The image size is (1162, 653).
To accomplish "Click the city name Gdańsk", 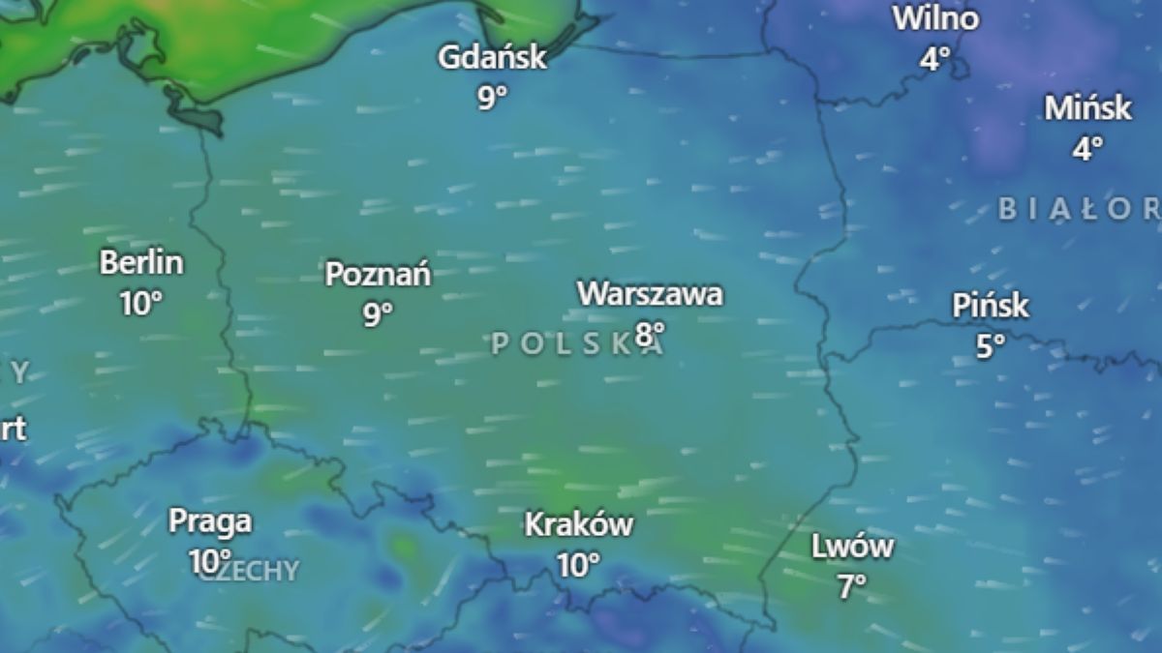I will [492, 57].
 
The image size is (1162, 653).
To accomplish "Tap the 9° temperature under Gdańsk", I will [492, 97].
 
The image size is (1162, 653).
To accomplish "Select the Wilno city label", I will [935, 18].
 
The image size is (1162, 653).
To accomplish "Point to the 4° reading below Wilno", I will [934, 59].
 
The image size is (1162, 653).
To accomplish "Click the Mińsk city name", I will [1087, 107].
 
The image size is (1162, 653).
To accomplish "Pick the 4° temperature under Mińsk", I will [1087, 148].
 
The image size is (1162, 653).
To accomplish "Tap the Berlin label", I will [141, 262].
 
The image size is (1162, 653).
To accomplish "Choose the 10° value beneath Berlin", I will [141, 303].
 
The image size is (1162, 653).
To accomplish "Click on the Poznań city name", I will [378, 274].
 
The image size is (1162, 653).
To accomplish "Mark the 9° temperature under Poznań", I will [378, 313].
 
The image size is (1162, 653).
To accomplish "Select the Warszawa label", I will [650, 293].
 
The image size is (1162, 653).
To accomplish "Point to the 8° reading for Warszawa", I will [650, 334].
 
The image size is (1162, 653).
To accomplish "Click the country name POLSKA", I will [577, 343].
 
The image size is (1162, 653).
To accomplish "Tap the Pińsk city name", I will [990, 307].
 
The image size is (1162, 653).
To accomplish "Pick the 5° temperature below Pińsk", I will [990, 346].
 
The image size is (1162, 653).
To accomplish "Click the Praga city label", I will [210, 521].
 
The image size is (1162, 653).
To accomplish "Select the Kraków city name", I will [579, 524].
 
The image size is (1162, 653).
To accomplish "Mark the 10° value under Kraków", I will [578, 564].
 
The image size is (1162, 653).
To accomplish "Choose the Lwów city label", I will [852, 547].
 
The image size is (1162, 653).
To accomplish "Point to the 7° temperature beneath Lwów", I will [852, 586].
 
